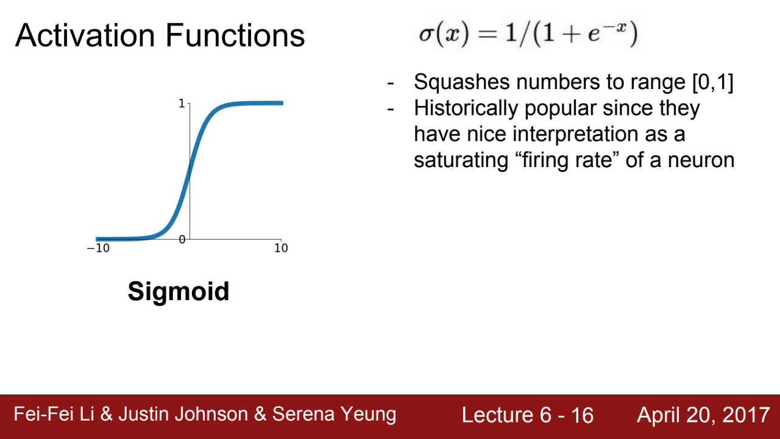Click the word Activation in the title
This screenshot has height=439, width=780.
tap(85, 35)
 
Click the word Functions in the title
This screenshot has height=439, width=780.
tap(235, 35)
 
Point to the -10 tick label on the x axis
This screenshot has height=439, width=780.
tap(98, 248)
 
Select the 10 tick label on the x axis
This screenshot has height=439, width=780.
tap(281, 248)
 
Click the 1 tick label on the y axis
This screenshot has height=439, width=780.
tap(182, 104)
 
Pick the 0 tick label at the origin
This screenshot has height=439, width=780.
tap(182, 240)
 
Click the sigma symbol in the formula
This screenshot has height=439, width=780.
tap(425, 35)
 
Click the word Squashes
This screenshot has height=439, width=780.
tap(462, 82)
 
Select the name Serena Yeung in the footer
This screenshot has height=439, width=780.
tap(334, 414)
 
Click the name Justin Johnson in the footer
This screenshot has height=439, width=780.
tap(183, 414)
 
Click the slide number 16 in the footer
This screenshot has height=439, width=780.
tap(582, 415)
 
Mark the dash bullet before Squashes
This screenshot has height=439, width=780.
tap(391, 84)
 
